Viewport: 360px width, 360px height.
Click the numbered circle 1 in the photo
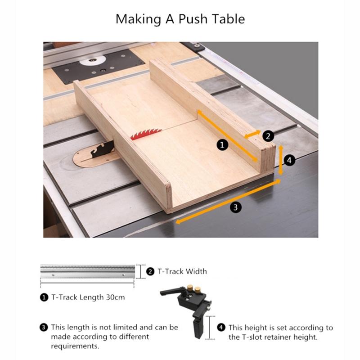(222, 144)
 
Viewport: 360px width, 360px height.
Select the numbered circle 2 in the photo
(267, 135)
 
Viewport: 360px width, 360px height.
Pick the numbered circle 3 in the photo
(235, 207)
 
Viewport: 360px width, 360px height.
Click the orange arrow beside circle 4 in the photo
(281, 160)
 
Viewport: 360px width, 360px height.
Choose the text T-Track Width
(182, 271)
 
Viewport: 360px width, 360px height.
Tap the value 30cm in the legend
(115, 297)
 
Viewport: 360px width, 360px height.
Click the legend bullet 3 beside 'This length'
(44, 327)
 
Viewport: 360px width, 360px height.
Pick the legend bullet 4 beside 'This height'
(221, 327)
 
